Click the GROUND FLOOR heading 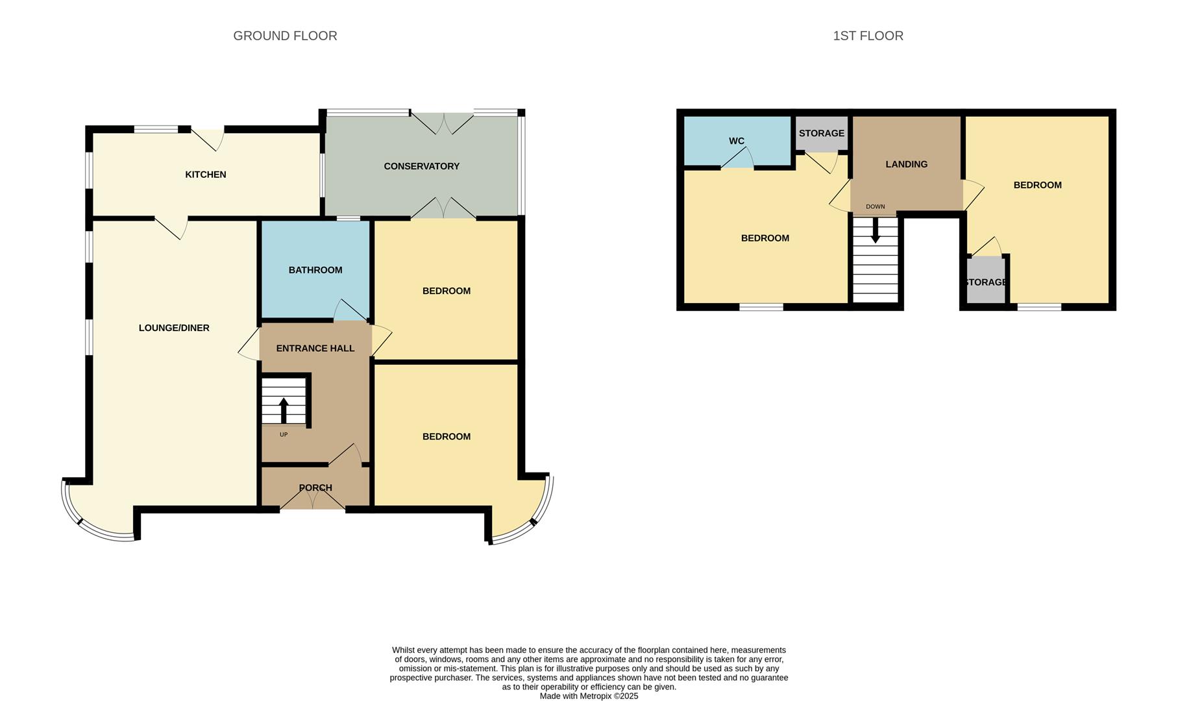(285, 36)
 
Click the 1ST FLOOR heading (868, 36)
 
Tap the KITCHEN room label (206, 175)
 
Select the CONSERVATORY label (421, 166)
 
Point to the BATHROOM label (315, 270)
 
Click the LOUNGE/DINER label (174, 328)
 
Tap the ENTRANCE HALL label (315, 349)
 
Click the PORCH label (315, 487)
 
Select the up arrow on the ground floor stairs (284, 410)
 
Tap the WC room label (736, 141)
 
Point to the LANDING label (906, 164)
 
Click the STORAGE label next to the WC (821, 133)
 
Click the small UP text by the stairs (284, 435)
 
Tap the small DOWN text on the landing (875, 207)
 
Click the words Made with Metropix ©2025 (589, 696)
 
